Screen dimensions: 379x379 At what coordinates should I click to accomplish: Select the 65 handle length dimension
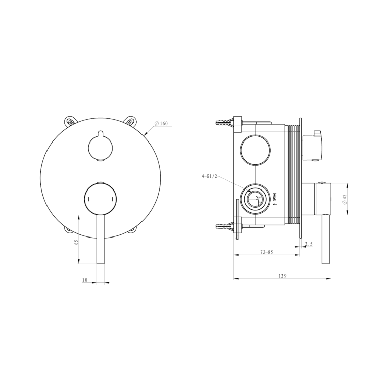point(76,242)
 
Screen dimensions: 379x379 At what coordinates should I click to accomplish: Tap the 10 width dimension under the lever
point(84,280)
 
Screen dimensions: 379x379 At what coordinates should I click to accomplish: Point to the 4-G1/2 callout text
point(209,176)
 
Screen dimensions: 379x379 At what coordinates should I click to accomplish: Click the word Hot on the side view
point(275,197)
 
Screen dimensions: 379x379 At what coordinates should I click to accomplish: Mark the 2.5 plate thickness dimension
point(309,244)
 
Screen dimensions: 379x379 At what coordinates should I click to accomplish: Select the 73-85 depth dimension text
point(266,252)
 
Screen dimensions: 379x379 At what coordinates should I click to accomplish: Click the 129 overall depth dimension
point(282,276)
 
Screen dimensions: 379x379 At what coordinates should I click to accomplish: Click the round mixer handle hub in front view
point(100,199)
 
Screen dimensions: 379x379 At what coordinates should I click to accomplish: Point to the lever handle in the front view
point(100,240)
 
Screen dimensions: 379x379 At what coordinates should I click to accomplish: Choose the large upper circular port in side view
point(255,150)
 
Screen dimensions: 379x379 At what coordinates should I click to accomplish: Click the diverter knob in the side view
point(313,145)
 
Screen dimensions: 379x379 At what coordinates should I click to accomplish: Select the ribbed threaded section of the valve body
point(293,174)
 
